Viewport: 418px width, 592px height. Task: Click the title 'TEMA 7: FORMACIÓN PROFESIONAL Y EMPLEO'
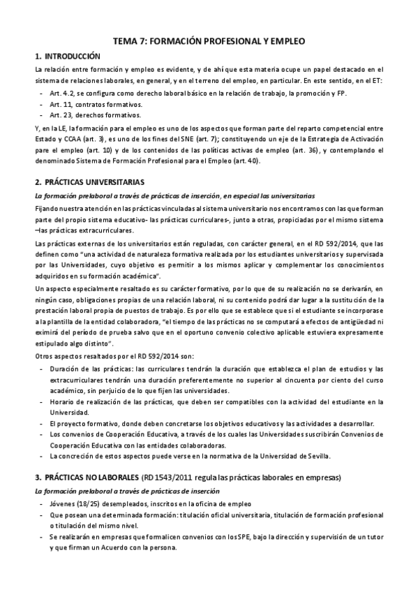(x=209, y=41)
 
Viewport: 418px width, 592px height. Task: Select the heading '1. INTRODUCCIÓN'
(x=67, y=55)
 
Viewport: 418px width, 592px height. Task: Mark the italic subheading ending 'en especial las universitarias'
(x=174, y=195)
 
